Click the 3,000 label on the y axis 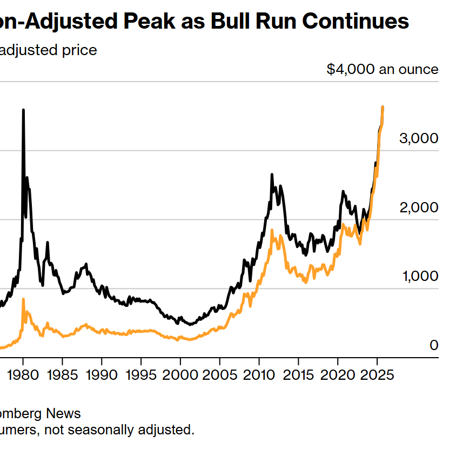click(418, 138)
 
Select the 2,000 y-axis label click(418, 207)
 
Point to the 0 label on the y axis click(433, 345)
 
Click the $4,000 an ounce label click(382, 70)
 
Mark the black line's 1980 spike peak click(23, 110)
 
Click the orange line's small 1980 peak click(23, 299)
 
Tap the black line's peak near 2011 click(272, 175)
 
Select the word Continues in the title click(355, 22)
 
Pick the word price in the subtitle click(79, 50)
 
